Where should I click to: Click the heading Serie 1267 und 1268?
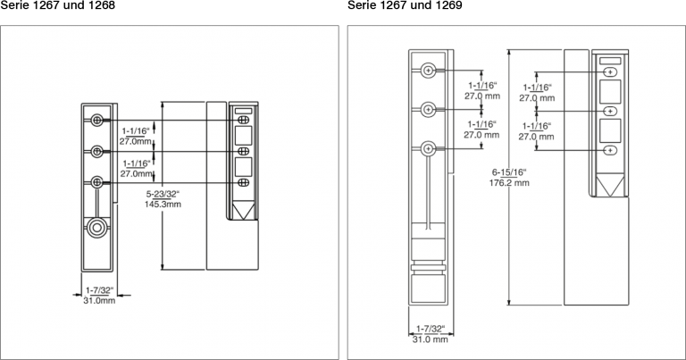(57, 4)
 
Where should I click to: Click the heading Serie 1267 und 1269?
(405, 4)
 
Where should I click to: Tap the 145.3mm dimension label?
(163, 205)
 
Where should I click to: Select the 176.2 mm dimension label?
(509, 183)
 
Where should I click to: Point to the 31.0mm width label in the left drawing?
(99, 300)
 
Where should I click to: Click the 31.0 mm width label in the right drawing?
(430, 339)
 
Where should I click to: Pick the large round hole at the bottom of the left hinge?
(96, 228)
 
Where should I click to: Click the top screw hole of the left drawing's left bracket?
(97, 120)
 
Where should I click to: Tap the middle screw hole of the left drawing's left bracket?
(97, 151)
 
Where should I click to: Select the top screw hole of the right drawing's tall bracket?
(429, 70)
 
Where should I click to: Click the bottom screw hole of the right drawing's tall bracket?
(429, 148)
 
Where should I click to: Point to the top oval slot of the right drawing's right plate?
(610, 72)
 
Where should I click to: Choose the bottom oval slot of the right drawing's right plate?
(610, 150)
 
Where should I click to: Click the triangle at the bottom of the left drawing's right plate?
(244, 210)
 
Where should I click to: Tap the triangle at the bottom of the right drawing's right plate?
(610, 184)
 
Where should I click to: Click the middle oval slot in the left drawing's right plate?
(244, 151)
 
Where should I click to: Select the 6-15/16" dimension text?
(509, 172)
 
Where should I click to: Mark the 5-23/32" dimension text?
(163, 194)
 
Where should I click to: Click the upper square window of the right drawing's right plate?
(610, 92)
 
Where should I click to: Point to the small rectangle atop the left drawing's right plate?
(244, 111)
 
